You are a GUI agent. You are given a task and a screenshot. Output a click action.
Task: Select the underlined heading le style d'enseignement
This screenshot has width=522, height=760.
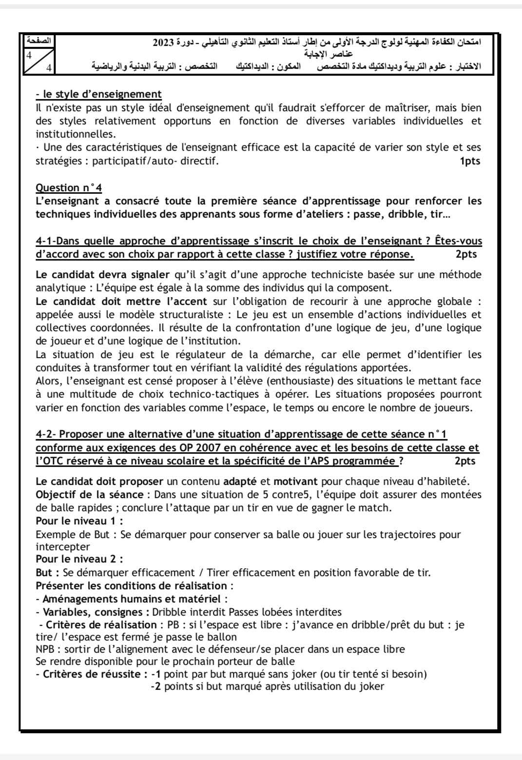tap(98, 94)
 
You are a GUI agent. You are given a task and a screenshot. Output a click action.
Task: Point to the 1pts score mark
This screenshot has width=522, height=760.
tap(470, 161)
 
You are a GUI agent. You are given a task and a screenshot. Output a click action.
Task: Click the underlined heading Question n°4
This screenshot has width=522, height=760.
tap(69, 188)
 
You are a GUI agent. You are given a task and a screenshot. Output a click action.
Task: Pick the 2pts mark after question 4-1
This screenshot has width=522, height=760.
tap(466, 254)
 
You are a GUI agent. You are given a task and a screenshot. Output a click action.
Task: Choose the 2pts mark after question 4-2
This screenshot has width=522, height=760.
tap(464, 461)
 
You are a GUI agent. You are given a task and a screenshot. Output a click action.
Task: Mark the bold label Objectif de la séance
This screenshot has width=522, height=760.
tap(89, 495)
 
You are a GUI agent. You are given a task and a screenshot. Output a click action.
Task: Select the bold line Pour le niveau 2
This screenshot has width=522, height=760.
tap(79, 559)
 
